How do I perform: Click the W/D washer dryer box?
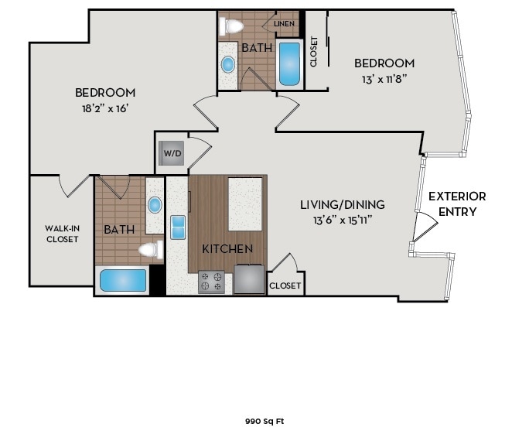click(172, 154)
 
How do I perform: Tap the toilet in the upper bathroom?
click(232, 26)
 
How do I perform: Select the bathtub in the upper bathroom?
click(289, 63)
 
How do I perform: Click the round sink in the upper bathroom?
click(228, 64)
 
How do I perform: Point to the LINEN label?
click(285, 24)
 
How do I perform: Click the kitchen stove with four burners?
click(212, 282)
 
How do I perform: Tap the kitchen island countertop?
click(244, 203)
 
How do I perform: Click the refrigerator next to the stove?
click(249, 279)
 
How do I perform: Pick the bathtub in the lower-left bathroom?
click(123, 279)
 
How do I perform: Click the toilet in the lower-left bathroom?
click(149, 250)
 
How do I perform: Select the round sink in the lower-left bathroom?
click(155, 205)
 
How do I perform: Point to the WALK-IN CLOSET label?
click(61, 234)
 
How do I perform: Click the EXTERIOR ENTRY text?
click(457, 203)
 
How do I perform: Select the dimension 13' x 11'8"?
click(384, 79)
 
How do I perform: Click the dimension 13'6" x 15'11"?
click(343, 220)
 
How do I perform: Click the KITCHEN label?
click(227, 249)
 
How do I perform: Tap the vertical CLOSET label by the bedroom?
click(314, 52)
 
